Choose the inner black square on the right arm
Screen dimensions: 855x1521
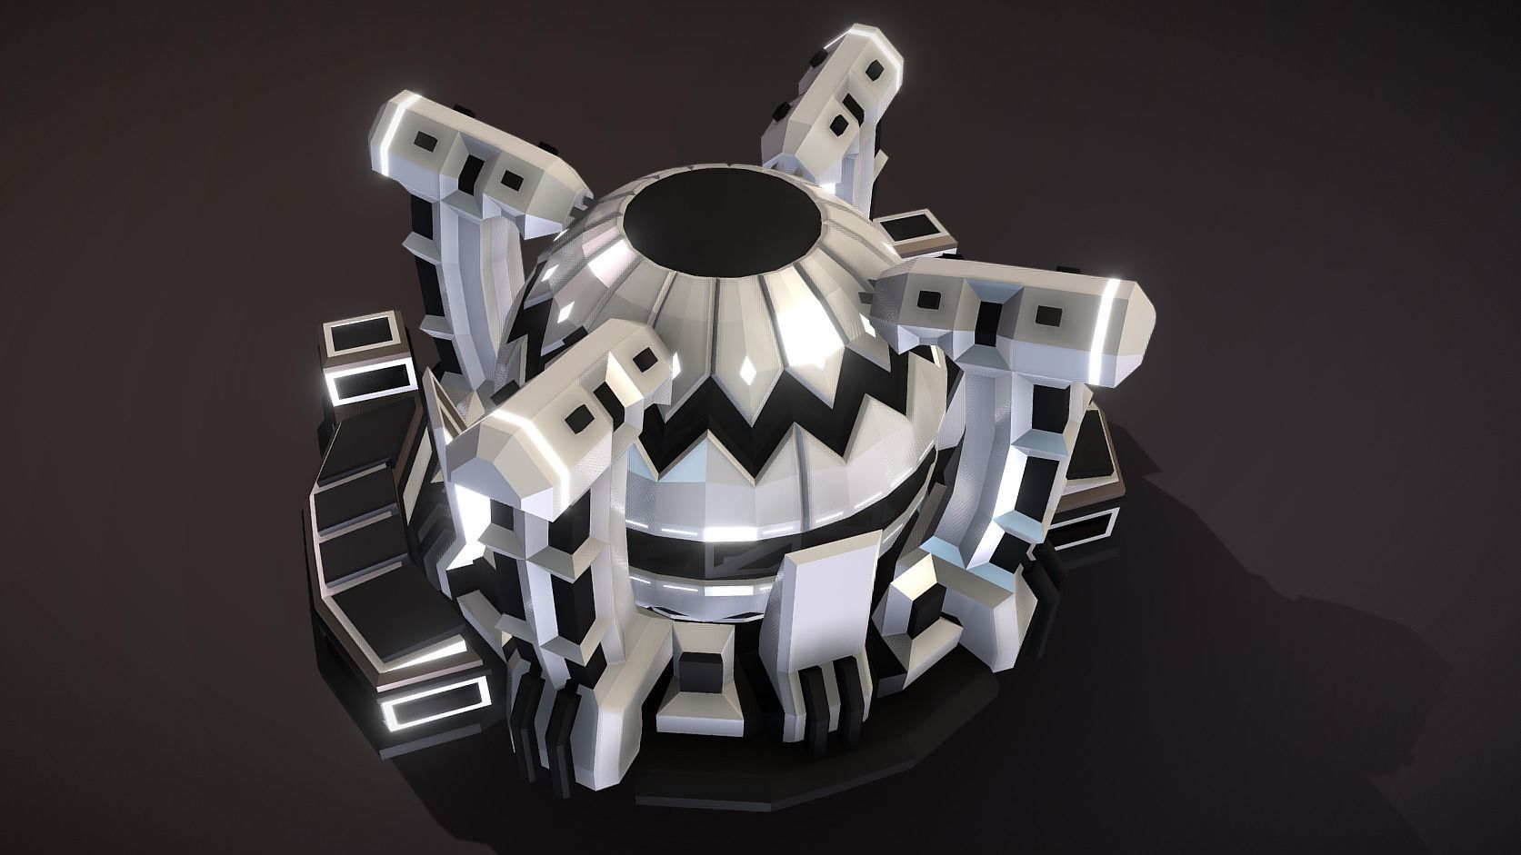pos(928,299)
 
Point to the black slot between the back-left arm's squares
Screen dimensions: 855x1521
pos(474,169)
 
